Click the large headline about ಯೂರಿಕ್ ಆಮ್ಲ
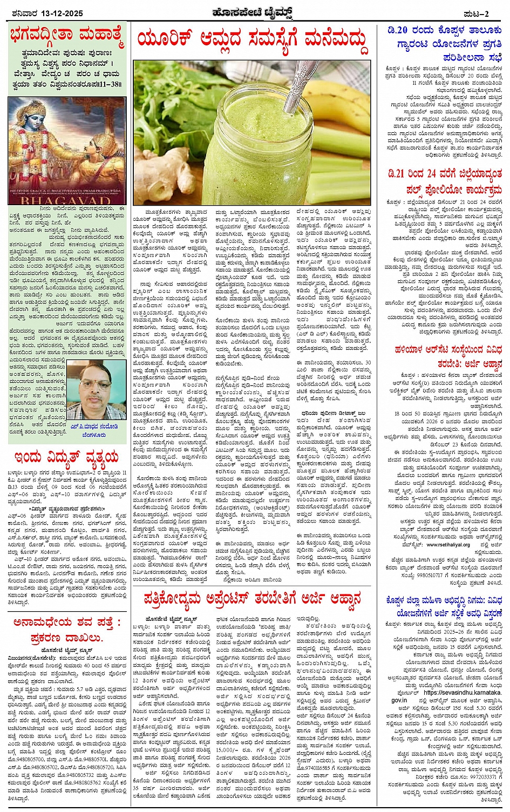(252, 39)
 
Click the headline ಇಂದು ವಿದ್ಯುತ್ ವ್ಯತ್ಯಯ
(67, 458)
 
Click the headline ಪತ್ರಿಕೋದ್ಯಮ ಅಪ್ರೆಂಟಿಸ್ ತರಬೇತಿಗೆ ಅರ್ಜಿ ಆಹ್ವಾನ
(252, 599)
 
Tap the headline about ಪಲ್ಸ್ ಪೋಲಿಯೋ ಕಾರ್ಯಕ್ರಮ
(444, 181)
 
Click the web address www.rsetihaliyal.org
(440, 545)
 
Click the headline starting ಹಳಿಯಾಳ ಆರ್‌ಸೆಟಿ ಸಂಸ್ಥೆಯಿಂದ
(444, 356)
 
